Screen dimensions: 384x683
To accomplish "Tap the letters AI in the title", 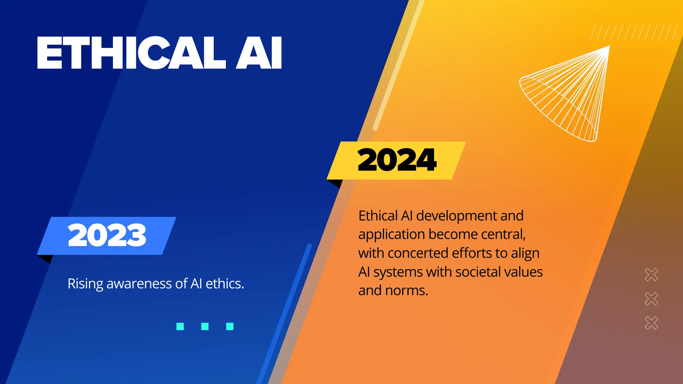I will pyautogui.click(x=259, y=53).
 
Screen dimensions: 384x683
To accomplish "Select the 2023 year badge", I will pyautogui.click(x=107, y=235).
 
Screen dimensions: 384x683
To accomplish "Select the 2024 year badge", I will pyautogui.click(x=397, y=160).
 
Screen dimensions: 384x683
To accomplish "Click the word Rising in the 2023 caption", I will pyautogui.click(x=85, y=284).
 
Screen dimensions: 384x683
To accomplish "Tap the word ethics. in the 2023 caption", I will pyautogui.click(x=225, y=284).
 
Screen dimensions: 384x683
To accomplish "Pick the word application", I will pyautogui.click(x=392, y=235).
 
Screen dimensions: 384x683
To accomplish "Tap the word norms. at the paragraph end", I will pyautogui.click(x=407, y=291).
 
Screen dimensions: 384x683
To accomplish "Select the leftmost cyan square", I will pyautogui.click(x=180, y=326).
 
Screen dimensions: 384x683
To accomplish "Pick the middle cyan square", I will pyautogui.click(x=205, y=326).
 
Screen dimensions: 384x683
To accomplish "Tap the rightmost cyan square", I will pyautogui.click(x=230, y=326).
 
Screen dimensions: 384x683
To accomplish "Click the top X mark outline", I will pyautogui.click(x=651, y=275).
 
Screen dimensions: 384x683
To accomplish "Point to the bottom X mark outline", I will pyautogui.click(x=651, y=323).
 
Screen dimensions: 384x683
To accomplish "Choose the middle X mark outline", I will pyautogui.click(x=651, y=299).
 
